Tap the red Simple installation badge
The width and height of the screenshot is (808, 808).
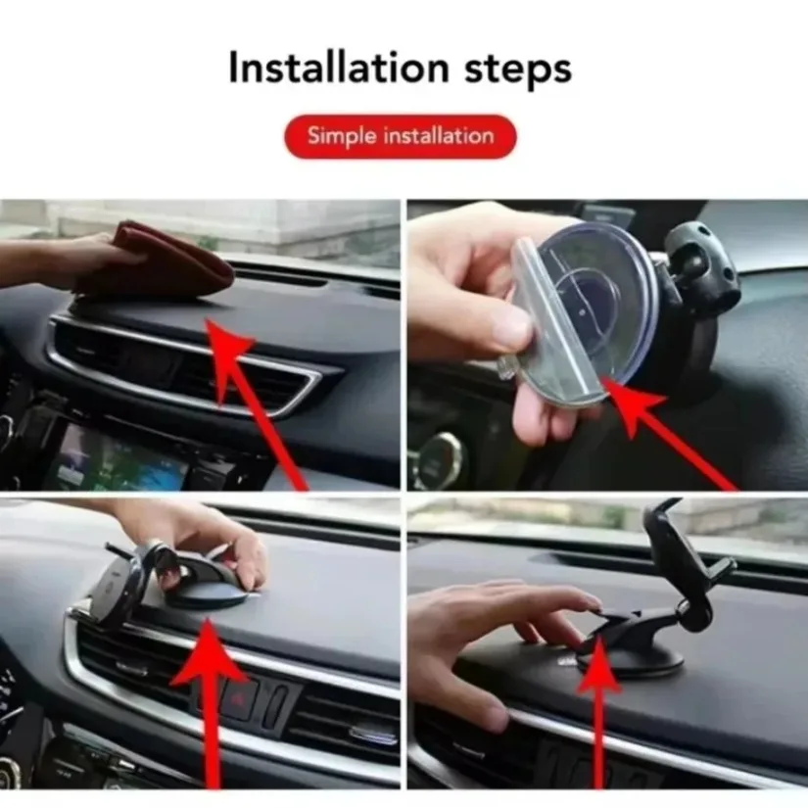point(400,136)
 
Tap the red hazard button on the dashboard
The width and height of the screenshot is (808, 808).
point(239,699)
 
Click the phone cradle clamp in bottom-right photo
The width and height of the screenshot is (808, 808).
point(686,548)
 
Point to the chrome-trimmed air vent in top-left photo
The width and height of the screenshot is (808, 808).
point(186,367)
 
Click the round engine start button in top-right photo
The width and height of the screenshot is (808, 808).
point(436,460)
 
